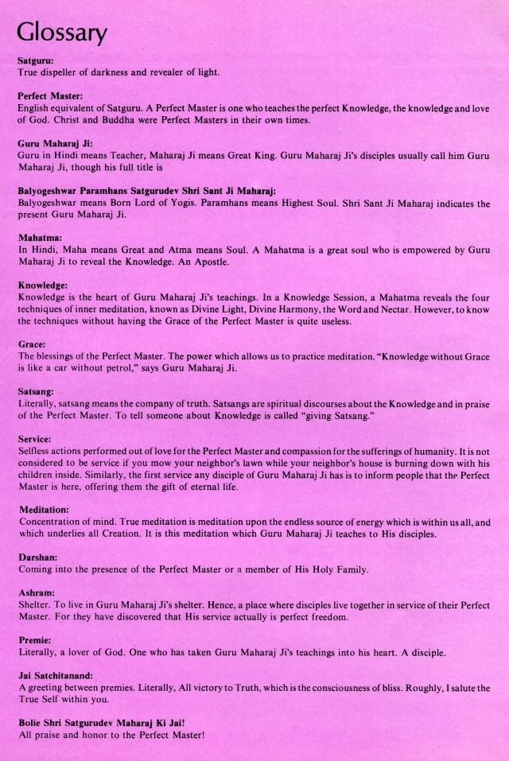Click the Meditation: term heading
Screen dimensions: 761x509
(44, 509)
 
